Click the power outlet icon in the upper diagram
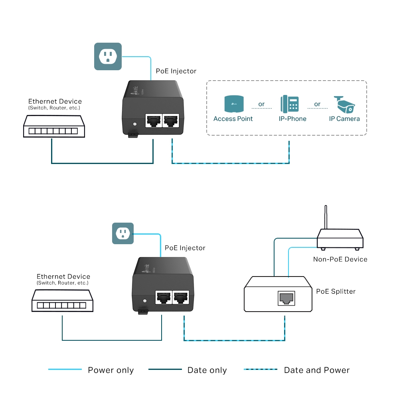pyautogui.click(x=108, y=56)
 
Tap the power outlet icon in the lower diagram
pyautogui.click(x=122, y=233)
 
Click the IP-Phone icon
pyautogui.click(x=289, y=104)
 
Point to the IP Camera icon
pyautogui.click(x=344, y=104)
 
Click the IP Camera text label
pyautogui.click(x=344, y=119)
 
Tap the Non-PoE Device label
pyautogui.click(x=340, y=259)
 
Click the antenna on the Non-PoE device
pyautogui.click(x=326, y=217)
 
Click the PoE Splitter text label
pyautogui.click(x=336, y=291)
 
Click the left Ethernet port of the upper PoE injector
pyautogui.click(x=153, y=120)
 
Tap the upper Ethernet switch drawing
pyautogui.click(x=54, y=126)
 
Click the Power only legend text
pyautogui.click(x=111, y=370)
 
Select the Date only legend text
pyautogui.click(x=207, y=370)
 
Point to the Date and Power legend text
pyautogui.click(x=316, y=370)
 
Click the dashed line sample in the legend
pyautogui.click(x=261, y=369)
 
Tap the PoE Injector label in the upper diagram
pyautogui.click(x=176, y=71)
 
